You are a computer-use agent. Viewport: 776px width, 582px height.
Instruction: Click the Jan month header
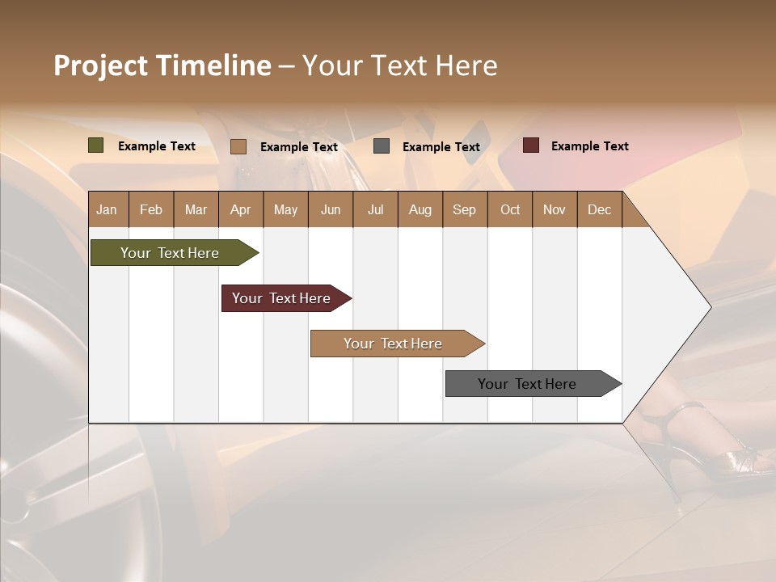coord(108,209)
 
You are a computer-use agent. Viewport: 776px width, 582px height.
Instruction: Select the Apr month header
coord(241,209)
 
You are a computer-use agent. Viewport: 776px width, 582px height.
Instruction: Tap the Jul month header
coord(375,209)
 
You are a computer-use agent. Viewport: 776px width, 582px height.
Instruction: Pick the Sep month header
coord(464,209)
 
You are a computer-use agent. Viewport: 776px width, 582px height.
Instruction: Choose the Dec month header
coord(599,209)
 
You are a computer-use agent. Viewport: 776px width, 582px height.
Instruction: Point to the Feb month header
coord(151,209)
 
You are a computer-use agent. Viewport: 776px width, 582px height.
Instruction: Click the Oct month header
coord(510,209)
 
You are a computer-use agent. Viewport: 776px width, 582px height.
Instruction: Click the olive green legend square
coord(96,145)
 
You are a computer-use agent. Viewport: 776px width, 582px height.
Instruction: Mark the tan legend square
coord(238,146)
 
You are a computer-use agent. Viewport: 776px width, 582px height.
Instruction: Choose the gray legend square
coord(382,146)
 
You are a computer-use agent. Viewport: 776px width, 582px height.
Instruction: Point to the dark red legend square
coord(530,145)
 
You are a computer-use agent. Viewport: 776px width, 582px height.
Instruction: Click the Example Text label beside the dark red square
coord(589,146)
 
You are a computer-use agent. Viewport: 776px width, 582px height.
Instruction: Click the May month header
coord(285,209)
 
